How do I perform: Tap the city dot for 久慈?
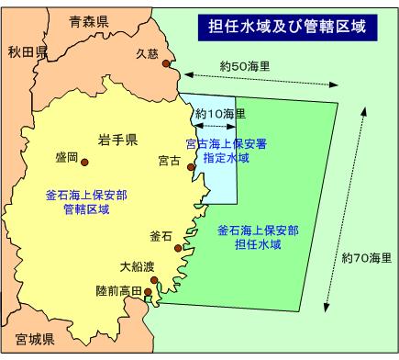(166, 64)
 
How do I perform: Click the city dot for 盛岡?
(85, 163)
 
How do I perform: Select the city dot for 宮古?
(191, 166)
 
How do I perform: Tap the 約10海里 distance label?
(221, 114)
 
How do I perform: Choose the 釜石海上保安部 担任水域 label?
(253, 239)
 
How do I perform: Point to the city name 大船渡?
(137, 267)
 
